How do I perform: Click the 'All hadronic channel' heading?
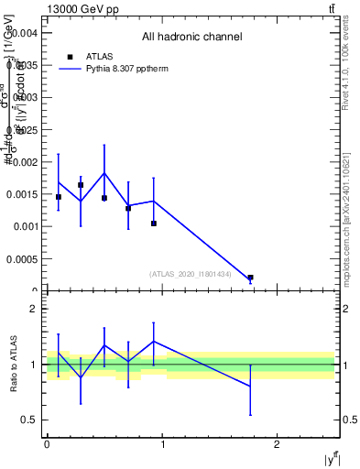pos(191,37)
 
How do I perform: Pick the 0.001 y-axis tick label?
pos(24,226)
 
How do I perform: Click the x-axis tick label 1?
pos(163,444)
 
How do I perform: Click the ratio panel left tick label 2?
pos(34,310)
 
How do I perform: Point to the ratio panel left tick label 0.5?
pos(31,420)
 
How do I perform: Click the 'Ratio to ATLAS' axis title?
pos(14,365)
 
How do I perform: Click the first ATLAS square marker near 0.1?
pos(59,197)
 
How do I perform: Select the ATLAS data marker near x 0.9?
pos(154,224)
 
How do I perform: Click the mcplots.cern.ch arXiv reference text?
pos(346,206)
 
